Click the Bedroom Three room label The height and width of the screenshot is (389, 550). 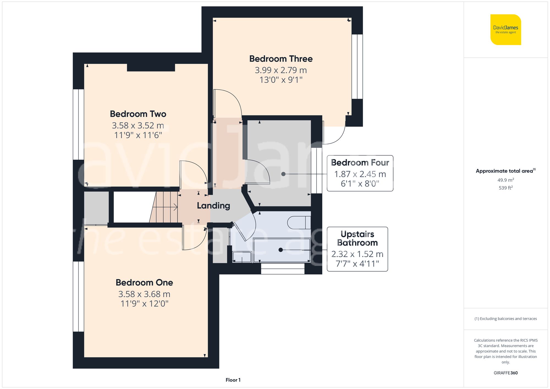tap(281, 59)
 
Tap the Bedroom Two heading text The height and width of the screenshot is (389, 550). tap(138, 114)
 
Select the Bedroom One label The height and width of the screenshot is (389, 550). tap(144, 282)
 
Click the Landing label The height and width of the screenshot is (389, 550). tap(213, 206)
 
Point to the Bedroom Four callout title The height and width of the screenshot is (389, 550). tap(360, 162)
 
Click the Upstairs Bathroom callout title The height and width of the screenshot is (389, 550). tap(357, 238)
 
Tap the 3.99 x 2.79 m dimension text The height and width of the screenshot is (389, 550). tap(281, 70)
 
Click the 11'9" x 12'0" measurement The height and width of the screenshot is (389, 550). tap(144, 304)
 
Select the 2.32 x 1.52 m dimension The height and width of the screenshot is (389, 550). tap(357, 254)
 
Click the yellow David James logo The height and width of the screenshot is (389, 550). tap(505, 30)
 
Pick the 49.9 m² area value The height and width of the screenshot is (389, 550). tap(505, 180)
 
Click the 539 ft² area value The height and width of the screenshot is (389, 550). tap(505, 188)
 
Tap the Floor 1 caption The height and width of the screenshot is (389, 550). tap(233, 380)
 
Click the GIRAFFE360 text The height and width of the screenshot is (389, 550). tap(505, 373)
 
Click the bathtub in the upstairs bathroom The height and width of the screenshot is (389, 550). tap(282, 250)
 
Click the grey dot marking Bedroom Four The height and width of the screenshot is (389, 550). tap(283, 174)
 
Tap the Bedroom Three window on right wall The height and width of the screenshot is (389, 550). tap(357, 67)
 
